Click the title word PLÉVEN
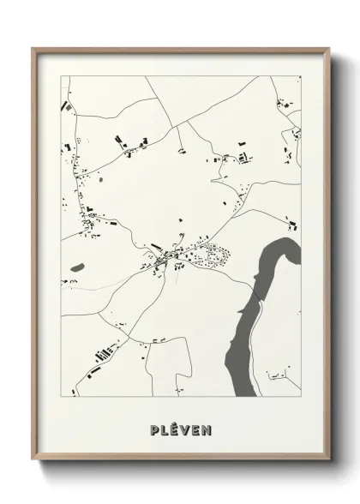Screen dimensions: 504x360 (x=179, y=427)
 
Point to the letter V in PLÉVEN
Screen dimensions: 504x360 (x=184, y=427)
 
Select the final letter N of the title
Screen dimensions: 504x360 (x=207, y=427)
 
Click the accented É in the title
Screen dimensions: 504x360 (x=173, y=426)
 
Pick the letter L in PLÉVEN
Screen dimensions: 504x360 (x=163, y=427)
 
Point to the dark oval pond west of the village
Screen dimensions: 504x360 (x=77, y=267)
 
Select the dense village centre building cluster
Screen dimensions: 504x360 (x=167, y=255)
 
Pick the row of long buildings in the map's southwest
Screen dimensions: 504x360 (x=104, y=352)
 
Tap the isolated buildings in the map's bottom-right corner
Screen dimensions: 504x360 (x=279, y=375)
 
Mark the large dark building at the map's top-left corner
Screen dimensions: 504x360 (x=65, y=108)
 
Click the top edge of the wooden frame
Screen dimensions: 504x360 (x=179, y=49)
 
